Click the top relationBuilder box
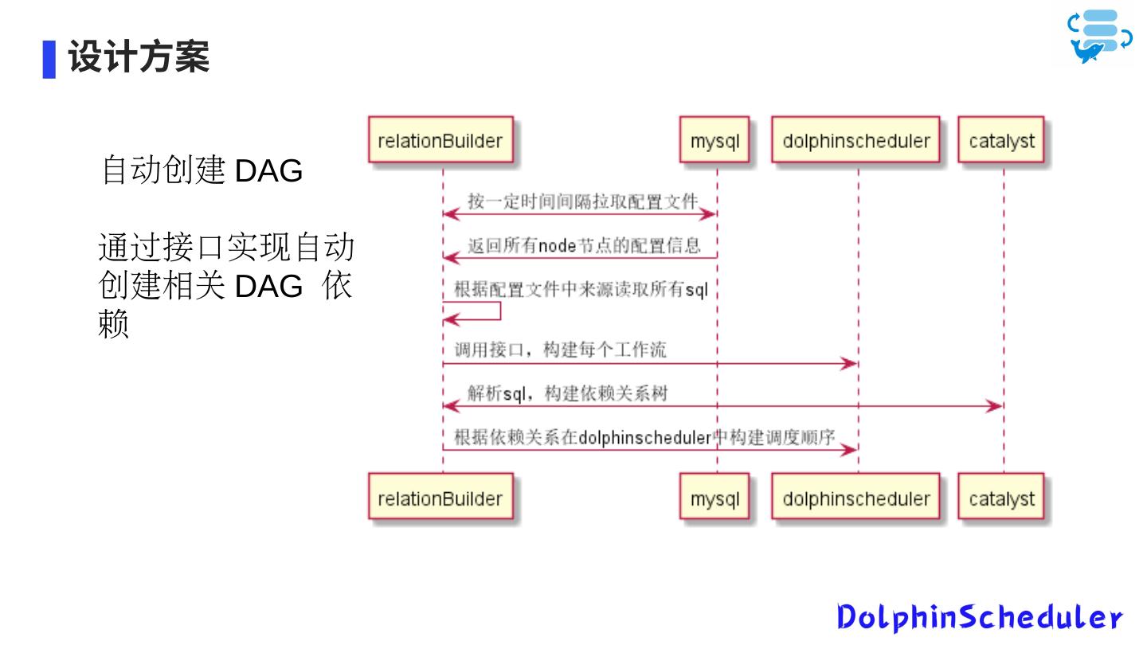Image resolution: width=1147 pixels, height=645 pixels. tap(440, 141)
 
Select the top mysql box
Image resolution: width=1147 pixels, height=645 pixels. tap(714, 141)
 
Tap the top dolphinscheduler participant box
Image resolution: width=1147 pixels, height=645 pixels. tap(856, 141)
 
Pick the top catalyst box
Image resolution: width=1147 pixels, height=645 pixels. tap(1001, 141)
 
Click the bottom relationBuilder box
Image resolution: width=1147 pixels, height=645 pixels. tap(440, 498)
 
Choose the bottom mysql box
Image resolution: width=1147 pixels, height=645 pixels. tap(714, 498)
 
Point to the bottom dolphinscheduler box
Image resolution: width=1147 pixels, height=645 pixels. tap(856, 498)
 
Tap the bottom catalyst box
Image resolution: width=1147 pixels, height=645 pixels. tap(1001, 498)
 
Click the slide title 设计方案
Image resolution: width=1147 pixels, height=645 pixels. tap(139, 57)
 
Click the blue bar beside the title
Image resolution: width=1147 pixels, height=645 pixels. tap(49, 59)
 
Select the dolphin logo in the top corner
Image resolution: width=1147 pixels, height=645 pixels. tap(1100, 37)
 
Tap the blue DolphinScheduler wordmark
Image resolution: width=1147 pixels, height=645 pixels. tap(980, 617)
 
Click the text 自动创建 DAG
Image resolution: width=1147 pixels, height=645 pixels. tap(202, 170)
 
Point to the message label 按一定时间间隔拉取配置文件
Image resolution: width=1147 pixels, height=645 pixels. tap(582, 201)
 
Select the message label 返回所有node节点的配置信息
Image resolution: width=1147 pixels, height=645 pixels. tap(584, 245)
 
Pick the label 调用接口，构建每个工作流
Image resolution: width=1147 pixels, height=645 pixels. tap(560, 350)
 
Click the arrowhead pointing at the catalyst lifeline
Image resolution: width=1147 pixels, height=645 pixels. tap(994, 407)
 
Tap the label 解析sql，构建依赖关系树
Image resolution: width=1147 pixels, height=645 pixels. tap(567, 393)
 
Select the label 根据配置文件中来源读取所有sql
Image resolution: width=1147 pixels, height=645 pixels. tap(581, 289)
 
